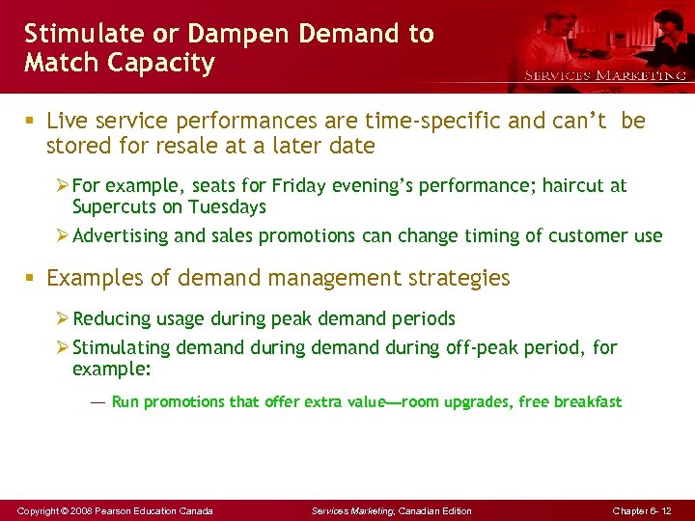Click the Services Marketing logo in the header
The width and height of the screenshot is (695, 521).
(x=604, y=75)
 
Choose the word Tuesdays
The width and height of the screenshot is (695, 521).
(x=227, y=206)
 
